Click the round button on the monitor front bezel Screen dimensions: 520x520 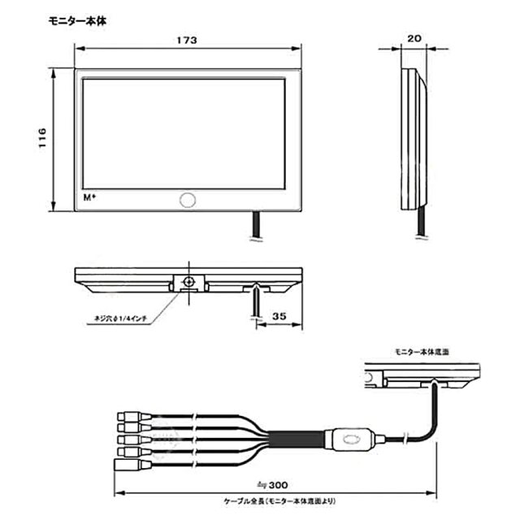188,200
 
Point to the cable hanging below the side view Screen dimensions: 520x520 420,223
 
